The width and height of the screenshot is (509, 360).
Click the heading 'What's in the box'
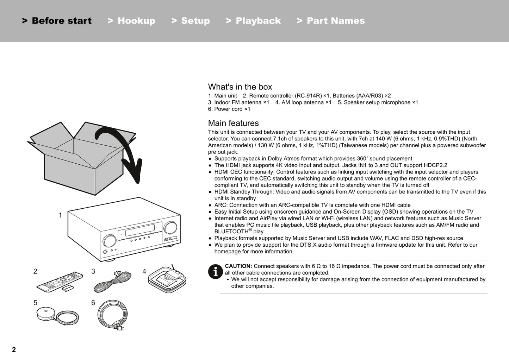click(x=240, y=87)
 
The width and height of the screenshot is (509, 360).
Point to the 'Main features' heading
click(x=233, y=123)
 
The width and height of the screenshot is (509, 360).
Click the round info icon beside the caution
click(x=215, y=271)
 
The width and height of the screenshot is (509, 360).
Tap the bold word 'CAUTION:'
click(x=238, y=266)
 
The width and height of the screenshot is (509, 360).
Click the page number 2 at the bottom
click(x=14, y=349)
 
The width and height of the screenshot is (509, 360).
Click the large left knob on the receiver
click(x=110, y=241)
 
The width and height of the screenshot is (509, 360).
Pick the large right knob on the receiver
click(x=170, y=228)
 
